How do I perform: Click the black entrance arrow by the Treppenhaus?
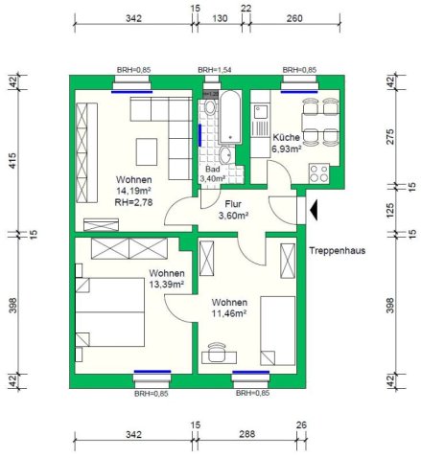pos(314,210)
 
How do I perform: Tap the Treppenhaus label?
pos(337,251)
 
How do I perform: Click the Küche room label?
pos(286,138)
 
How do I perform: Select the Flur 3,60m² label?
pos(233,210)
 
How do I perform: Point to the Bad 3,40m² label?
pos(213,173)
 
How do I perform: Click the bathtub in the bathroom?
pos(230,117)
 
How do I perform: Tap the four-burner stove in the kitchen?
pos(319,173)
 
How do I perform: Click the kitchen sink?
pos(261,113)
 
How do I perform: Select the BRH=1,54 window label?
pos(215,70)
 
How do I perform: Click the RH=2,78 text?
pos(133,202)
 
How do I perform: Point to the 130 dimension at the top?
pos(220,18)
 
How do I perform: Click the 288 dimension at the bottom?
pos(247,434)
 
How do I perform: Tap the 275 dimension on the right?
pos(390,137)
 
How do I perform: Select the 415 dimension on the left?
pos(12,161)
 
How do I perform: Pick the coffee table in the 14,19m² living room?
pos(147,151)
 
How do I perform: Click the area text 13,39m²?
pos(167,284)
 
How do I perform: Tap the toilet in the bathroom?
pos(210,106)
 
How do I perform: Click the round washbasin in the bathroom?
pos(226,154)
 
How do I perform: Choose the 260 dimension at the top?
pos(294,18)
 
